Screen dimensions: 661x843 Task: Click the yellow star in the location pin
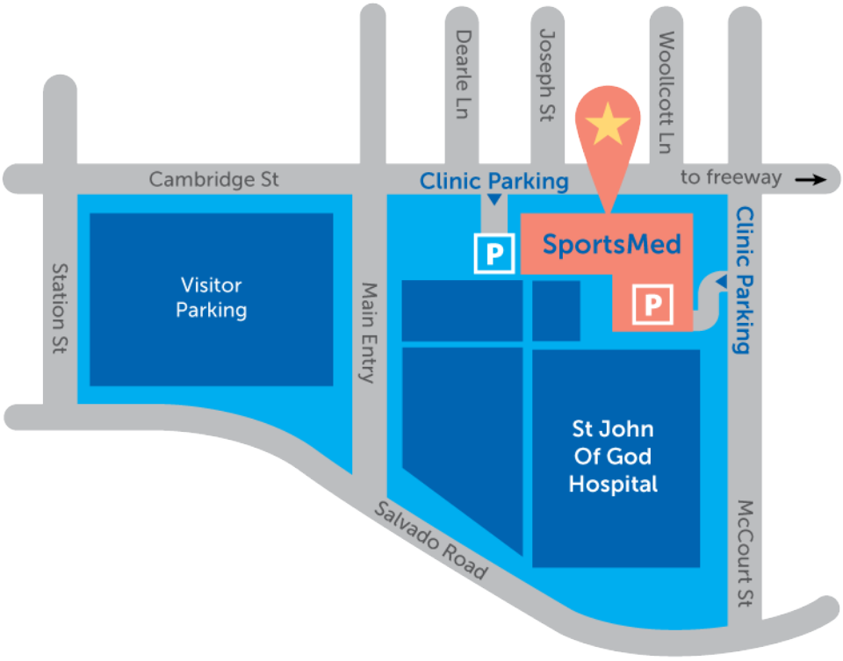click(608, 126)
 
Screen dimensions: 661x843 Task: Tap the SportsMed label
click(611, 243)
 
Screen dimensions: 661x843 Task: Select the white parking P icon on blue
click(494, 255)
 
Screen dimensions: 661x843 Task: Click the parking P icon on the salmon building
click(652, 305)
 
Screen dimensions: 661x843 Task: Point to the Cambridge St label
click(213, 179)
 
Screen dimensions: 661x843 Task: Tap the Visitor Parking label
click(211, 298)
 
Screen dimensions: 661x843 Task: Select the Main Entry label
click(369, 332)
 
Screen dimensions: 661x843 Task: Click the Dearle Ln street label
click(464, 74)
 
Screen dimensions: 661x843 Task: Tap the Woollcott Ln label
click(666, 91)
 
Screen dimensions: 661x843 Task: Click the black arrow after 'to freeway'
click(811, 180)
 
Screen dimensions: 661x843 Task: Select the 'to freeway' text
click(731, 178)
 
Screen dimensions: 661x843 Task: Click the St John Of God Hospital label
click(613, 456)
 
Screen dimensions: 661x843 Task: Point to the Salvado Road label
click(430, 539)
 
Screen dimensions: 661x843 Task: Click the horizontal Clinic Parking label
click(494, 182)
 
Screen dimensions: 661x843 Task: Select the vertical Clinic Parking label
click(745, 280)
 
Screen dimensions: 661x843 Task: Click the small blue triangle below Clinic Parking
click(494, 202)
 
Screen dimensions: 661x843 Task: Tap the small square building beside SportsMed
click(556, 311)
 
